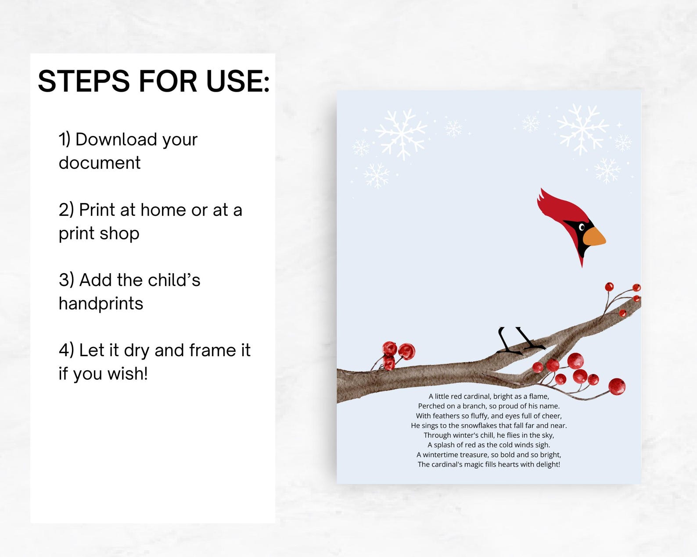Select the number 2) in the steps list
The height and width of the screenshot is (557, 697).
(x=66, y=210)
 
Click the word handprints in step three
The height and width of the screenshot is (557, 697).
(x=101, y=303)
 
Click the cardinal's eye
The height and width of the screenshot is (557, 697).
(x=582, y=227)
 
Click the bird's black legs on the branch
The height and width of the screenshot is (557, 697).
(x=518, y=340)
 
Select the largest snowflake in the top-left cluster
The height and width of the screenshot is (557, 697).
(x=402, y=133)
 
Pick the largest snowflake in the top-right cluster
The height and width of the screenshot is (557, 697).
(x=582, y=129)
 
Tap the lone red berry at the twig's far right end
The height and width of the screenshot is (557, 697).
(x=617, y=386)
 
